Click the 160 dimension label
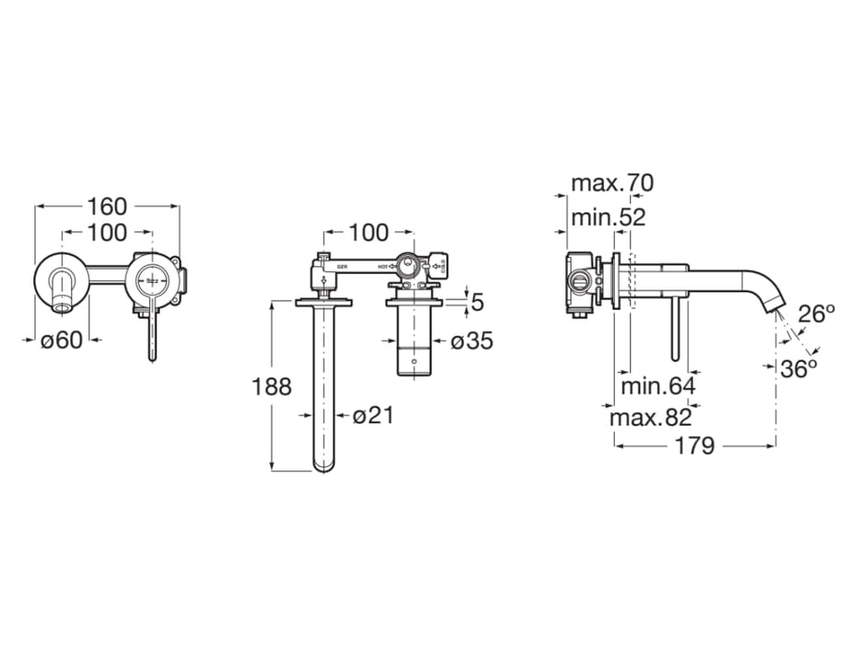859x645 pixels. coord(108,206)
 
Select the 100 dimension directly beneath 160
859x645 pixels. coord(108,233)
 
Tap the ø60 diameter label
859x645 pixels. coord(62,339)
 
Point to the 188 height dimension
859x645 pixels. coord(272,386)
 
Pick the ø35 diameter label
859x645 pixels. coord(472,341)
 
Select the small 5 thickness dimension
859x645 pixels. coord(477,300)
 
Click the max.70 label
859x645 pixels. coord(611,182)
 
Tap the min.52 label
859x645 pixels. coord(608,217)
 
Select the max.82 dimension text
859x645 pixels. coord(651,417)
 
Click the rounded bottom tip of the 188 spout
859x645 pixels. coord(323,465)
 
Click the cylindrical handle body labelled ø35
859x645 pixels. coord(415,340)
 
